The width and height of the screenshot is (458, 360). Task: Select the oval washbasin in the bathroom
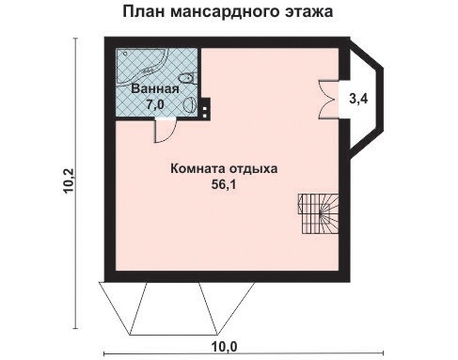(191, 104)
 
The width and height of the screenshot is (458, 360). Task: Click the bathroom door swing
(163, 132)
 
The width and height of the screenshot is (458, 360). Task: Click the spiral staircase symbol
(317, 213)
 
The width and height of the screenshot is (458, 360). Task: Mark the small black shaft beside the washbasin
(203, 105)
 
